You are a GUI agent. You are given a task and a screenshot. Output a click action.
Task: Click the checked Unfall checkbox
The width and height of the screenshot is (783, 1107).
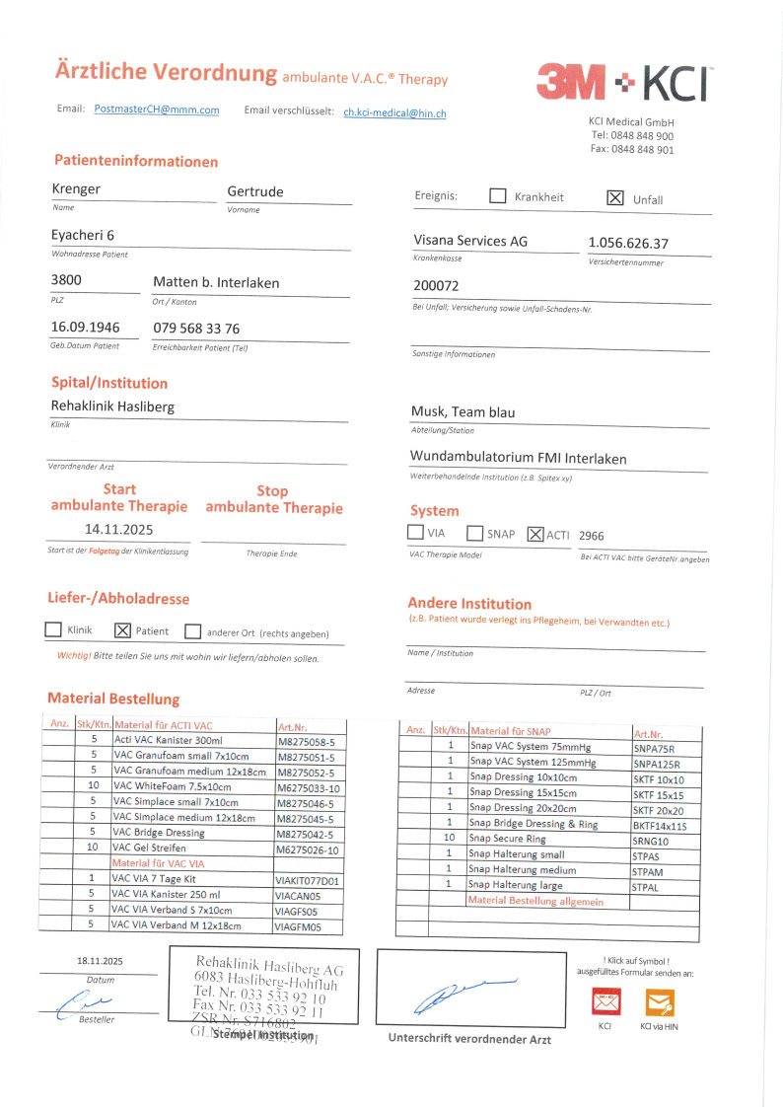(x=615, y=197)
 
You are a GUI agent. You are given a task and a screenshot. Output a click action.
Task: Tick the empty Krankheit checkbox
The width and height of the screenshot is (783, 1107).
(x=498, y=196)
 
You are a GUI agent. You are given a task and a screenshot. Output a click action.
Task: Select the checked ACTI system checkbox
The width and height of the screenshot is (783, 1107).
(x=535, y=534)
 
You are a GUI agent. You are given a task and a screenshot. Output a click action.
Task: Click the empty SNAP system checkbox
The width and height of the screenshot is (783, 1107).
(x=474, y=534)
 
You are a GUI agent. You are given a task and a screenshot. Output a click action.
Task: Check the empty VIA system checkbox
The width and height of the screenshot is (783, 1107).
(x=416, y=533)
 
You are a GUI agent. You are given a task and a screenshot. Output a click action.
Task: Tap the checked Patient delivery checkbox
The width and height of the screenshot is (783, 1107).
(x=123, y=630)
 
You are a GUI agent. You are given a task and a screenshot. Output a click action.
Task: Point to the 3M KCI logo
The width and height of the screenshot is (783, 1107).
(x=624, y=83)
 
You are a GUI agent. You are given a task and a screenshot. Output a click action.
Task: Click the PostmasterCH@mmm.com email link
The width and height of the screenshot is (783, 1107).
(x=157, y=110)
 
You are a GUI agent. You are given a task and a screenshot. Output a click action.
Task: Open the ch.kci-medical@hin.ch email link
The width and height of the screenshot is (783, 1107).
(x=394, y=113)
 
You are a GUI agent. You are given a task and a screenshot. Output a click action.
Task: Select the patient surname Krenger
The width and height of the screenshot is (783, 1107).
(x=76, y=188)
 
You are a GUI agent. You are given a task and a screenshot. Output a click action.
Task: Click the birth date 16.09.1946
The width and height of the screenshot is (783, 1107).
(x=85, y=328)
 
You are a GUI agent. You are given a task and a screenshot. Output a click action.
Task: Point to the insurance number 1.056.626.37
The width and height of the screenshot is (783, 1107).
(x=628, y=243)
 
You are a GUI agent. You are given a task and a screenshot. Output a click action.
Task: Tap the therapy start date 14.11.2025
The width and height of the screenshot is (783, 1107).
(x=118, y=529)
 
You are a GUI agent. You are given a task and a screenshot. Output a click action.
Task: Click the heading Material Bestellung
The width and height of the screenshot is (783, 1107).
(x=113, y=699)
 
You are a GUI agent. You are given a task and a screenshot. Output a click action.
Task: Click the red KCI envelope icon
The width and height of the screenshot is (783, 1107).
(x=605, y=1003)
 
